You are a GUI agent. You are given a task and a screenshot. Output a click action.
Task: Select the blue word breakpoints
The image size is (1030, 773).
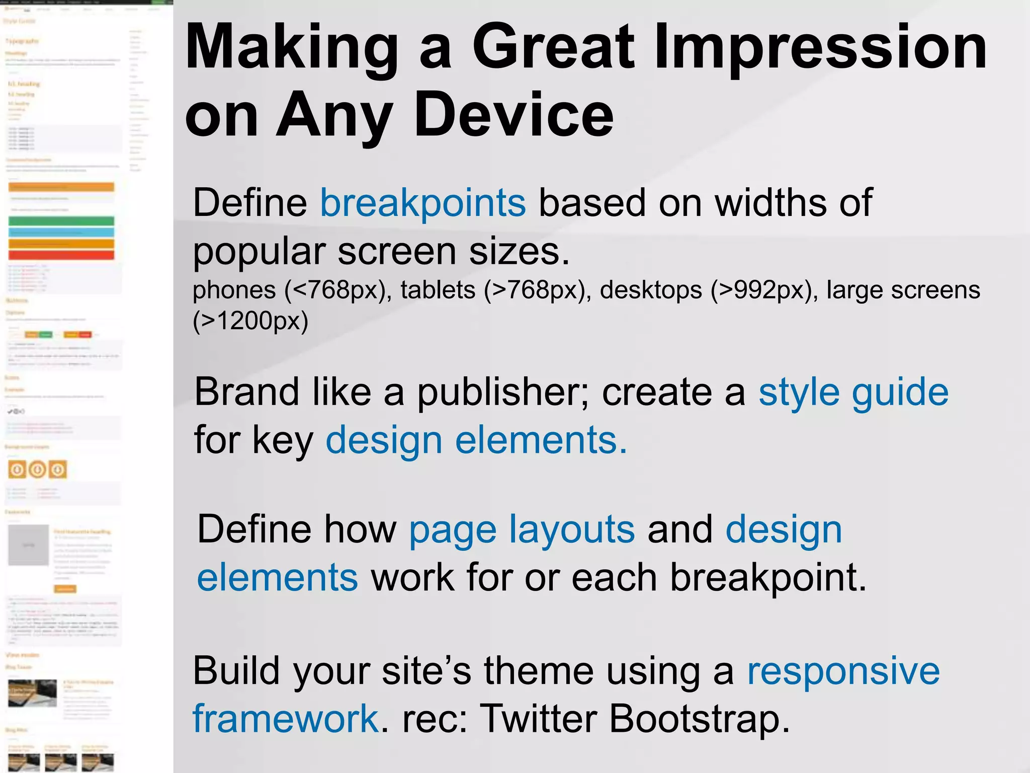[x=423, y=203]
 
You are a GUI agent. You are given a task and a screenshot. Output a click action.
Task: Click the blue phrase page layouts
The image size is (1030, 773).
[x=522, y=529]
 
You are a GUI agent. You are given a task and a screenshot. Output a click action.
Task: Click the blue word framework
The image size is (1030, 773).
[x=286, y=718]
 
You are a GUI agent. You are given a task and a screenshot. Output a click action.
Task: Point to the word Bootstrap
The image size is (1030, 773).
[x=699, y=718]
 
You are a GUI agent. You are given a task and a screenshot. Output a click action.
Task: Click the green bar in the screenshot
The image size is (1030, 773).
[x=61, y=221]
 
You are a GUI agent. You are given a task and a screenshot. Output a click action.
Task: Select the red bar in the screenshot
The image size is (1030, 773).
[x=61, y=255]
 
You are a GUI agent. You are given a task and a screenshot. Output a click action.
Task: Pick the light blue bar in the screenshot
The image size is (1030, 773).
[x=61, y=233]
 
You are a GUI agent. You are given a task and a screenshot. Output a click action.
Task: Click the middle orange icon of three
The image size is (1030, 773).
[x=37, y=470]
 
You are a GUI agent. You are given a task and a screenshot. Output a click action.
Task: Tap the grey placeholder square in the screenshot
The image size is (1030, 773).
[x=29, y=545]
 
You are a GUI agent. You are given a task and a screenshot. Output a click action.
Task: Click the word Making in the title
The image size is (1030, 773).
[x=292, y=48]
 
